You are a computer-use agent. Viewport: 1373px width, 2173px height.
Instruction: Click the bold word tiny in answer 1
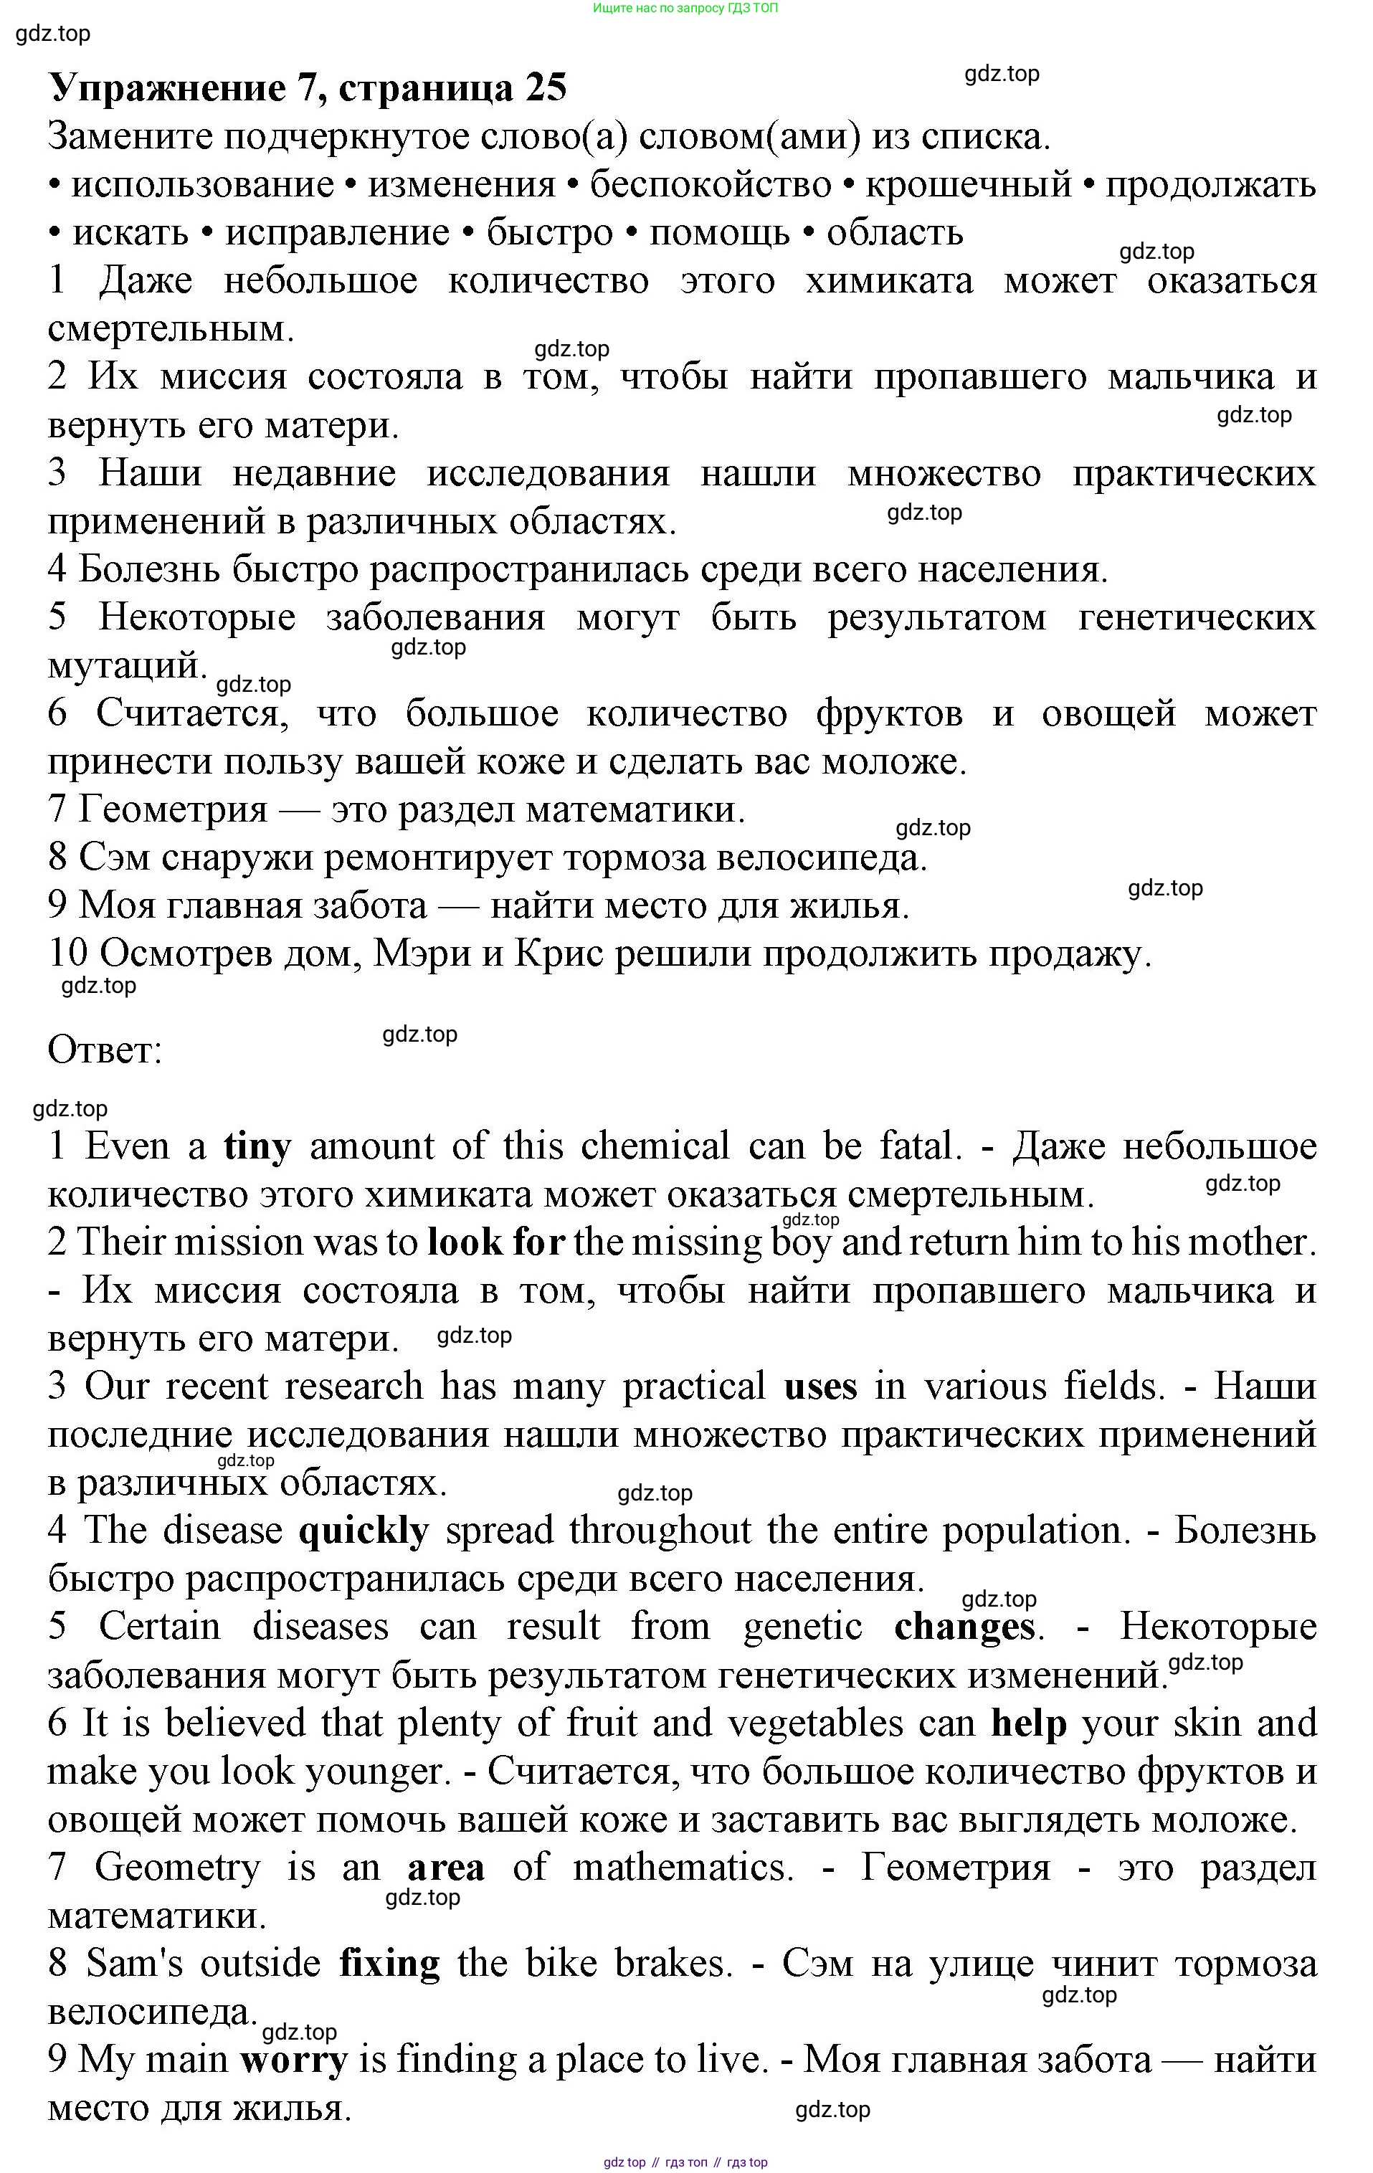click(x=257, y=1147)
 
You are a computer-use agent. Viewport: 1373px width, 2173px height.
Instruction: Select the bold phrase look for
click(x=495, y=1242)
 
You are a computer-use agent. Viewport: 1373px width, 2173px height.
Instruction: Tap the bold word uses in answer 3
click(x=819, y=1386)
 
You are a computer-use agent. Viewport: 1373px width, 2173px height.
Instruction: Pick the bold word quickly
click(x=363, y=1531)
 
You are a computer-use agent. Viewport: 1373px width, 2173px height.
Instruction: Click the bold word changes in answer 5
click(x=964, y=1627)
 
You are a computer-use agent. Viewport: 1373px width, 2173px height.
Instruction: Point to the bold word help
click(x=1028, y=1723)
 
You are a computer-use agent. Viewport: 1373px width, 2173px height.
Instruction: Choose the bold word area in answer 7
click(x=446, y=1867)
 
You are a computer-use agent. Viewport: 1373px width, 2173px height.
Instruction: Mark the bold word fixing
click(x=389, y=1963)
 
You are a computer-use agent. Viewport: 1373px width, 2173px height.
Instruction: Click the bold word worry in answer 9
click(x=293, y=2059)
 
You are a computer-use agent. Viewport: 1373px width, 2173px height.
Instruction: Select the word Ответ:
click(x=105, y=1050)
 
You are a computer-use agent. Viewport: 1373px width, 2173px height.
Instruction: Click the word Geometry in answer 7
click(x=177, y=1867)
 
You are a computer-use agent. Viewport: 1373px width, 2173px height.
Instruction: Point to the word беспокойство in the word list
click(x=710, y=185)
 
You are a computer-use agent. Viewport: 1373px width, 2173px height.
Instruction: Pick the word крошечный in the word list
click(x=968, y=185)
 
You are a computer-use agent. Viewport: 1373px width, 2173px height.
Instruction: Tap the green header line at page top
click(x=685, y=8)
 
